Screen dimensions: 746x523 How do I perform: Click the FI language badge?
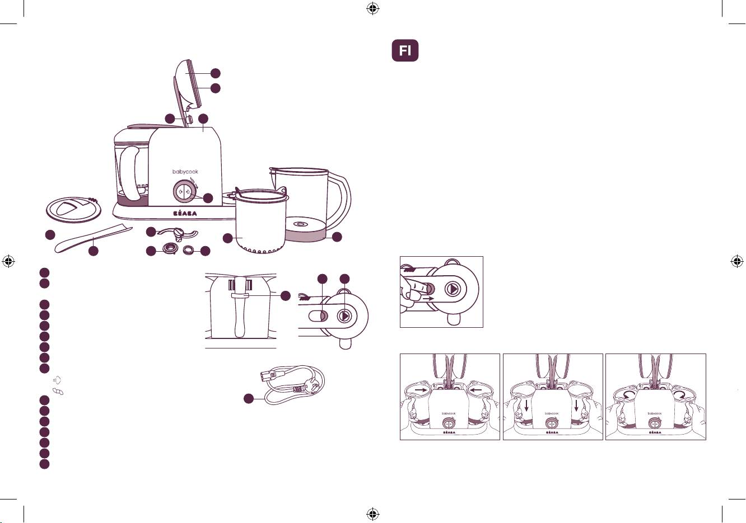click(405, 50)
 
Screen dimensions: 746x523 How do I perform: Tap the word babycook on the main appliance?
click(185, 172)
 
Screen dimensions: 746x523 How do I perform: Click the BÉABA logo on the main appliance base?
click(185, 214)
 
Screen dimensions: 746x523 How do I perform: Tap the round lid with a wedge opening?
click(73, 210)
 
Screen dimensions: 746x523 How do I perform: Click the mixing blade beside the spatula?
click(178, 234)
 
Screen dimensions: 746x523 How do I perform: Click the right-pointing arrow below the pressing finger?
click(430, 299)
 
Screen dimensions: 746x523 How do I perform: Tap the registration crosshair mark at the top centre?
click(373, 9)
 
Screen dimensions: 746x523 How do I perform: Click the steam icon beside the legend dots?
click(57, 379)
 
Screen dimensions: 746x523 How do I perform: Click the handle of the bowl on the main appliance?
click(129, 173)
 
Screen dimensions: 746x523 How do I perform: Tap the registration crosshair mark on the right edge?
click(737, 261)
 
